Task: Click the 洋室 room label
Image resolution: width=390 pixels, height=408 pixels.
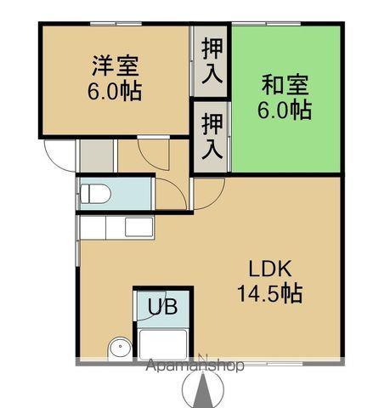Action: tap(116, 66)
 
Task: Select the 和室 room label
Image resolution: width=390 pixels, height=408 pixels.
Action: tap(285, 85)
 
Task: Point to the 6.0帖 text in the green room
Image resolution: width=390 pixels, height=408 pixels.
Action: tap(285, 109)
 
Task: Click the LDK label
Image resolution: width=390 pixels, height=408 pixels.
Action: tap(270, 270)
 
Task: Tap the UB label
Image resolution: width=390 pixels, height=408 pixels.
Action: tap(163, 307)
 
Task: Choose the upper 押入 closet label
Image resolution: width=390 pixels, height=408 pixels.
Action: tap(212, 62)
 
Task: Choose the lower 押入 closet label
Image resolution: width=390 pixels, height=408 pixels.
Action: tap(212, 138)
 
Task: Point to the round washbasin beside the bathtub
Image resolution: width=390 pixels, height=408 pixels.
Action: tap(120, 348)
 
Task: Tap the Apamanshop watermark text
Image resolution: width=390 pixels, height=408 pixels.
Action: tap(195, 366)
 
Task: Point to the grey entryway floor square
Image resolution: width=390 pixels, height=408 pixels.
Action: tap(95, 155)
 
